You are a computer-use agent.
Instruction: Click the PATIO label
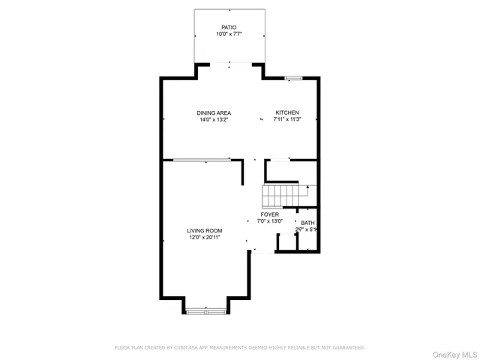point(229,27)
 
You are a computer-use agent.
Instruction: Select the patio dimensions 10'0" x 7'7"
point(229,34)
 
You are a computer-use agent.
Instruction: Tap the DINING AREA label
point(214,113)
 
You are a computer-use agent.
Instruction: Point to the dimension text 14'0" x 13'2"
point(214,120)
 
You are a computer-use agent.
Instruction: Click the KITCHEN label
point(286,113)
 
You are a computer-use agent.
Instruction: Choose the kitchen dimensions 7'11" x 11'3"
point(286,120)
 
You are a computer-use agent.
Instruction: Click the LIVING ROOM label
point(204,231)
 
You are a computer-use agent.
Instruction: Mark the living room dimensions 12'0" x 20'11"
point(204,238)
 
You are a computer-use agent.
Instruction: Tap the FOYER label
point(269,214)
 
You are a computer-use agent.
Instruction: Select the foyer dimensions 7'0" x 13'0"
point(269,221)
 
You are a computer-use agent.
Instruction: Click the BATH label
point(307,223)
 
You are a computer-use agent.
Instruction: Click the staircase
point(281,196)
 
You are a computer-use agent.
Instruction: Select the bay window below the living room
point(204,310)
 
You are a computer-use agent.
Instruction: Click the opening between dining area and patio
point(229,64)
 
